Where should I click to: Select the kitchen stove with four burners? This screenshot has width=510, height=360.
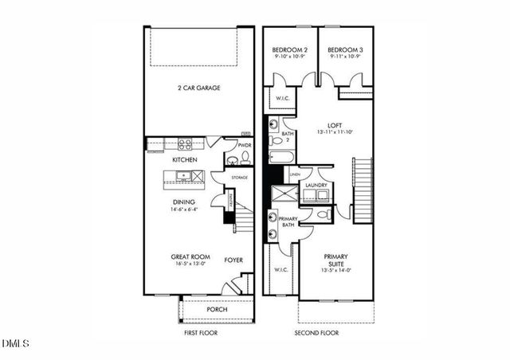point(185,144)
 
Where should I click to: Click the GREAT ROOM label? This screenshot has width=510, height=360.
point(190,257)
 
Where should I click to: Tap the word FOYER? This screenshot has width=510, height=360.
point(233,260)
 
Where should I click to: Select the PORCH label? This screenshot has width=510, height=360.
point(216,309)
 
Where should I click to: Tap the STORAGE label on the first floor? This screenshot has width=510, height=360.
point(239,178)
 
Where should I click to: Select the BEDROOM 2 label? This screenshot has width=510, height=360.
point(289,49)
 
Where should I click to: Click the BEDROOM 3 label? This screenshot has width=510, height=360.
point(346,49)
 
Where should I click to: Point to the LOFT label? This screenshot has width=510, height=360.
point(334,125)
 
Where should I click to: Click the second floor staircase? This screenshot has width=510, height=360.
point(363,190)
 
